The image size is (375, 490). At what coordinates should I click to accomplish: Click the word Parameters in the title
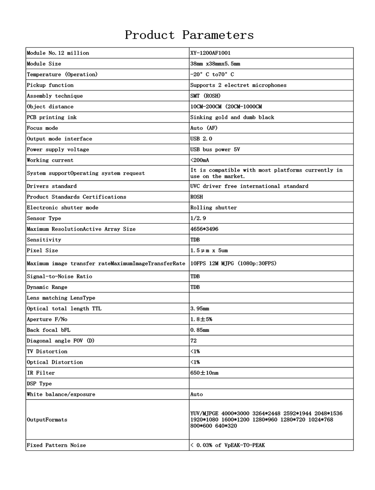(218, 35)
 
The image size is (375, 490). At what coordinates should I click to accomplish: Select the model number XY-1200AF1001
(210, 53)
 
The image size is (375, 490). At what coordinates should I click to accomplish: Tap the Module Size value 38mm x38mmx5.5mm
(215, 64)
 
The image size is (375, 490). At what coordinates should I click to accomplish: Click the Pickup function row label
(50, 85)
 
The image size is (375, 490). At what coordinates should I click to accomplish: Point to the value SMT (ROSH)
(205, 96)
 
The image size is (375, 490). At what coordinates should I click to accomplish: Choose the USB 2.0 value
(201, 139)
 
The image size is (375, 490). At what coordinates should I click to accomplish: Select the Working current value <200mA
(200, 160)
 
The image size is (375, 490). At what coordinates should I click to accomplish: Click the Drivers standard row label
(52, 186)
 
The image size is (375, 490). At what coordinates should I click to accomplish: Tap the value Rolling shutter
(213, 208)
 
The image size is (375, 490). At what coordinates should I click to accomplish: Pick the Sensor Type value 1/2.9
(198, 218)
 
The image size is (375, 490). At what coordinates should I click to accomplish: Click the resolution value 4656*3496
(204, 229)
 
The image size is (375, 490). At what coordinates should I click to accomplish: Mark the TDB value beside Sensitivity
(195, 240)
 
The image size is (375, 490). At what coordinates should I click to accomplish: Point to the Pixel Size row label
(42, 250)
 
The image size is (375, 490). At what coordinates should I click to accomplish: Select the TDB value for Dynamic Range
(195, 287)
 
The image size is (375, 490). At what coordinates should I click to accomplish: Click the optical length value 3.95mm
(200, 309)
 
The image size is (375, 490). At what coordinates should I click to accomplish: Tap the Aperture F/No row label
(47, 319)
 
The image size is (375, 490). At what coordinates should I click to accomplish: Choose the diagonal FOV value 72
(193, 341)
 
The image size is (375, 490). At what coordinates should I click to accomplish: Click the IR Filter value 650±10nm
(204, 373)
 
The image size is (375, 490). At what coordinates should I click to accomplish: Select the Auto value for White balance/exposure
(196, 394)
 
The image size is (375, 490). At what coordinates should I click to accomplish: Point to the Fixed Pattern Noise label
(56, 445)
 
